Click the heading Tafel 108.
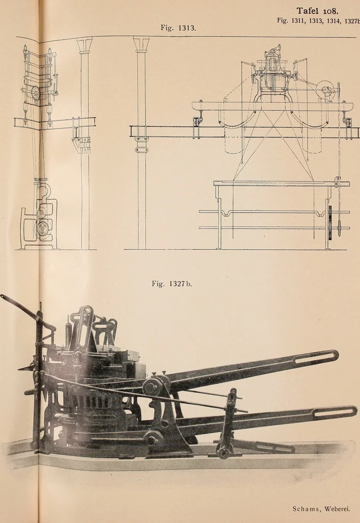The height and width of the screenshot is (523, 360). pyautogui.click(x=317, y=11)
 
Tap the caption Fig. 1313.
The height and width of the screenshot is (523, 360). pyautogui.click(x=178, y=28)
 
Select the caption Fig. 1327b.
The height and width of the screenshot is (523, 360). pyautogui.click(x=172, y=284)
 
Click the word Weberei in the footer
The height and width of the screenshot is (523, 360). pyautogui.click(x=337, y=509)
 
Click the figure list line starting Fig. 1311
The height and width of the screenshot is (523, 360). pyautogui.click(x=318, y=20)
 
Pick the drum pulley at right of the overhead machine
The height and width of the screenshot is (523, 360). pyautogui.click(x=324, y=89)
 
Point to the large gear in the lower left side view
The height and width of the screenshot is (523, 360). pyautogui.click(x=43, y=228)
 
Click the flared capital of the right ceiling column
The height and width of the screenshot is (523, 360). pyautogui.click(x=141, y=43)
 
